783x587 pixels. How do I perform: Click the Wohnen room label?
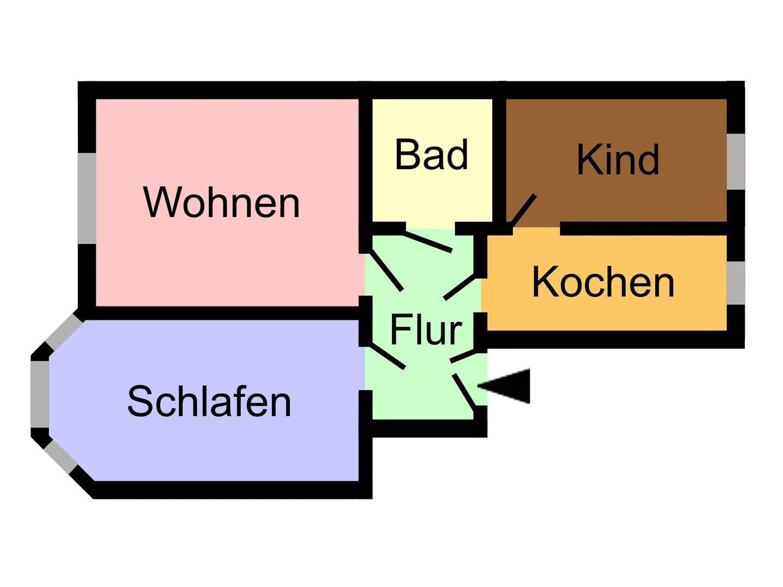pyautogui.click(x=221, y=202)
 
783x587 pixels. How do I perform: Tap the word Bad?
pyautogui.click(x=431, y=155)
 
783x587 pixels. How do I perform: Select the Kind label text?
pyautogui.click(x=618, y=160)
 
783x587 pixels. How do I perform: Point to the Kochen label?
pyautogui.click(x=603, y=282)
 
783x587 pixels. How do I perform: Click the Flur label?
pyautogui.click(x=426, y=330)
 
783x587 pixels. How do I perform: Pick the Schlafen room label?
pyautogui.click(x=209, y=401)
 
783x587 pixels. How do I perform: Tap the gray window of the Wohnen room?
pyautogui.click(x=87, y=198)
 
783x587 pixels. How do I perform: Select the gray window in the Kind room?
pyautogui.click(x=736, y=161)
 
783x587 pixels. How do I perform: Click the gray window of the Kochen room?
pyautogui.click(x=736, y=283)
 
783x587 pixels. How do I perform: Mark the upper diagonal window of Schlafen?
pyautogui.click(x=63, y=332)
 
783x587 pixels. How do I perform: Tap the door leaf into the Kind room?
pyautogui.click(x=524, y=211)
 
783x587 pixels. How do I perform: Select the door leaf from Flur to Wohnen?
pyautogui.click(x=387, y=270)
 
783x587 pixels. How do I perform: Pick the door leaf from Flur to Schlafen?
pyautogui.click(x=387, y=356)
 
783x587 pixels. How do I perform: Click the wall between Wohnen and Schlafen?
pyautogui.click(x=223, y=313)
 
